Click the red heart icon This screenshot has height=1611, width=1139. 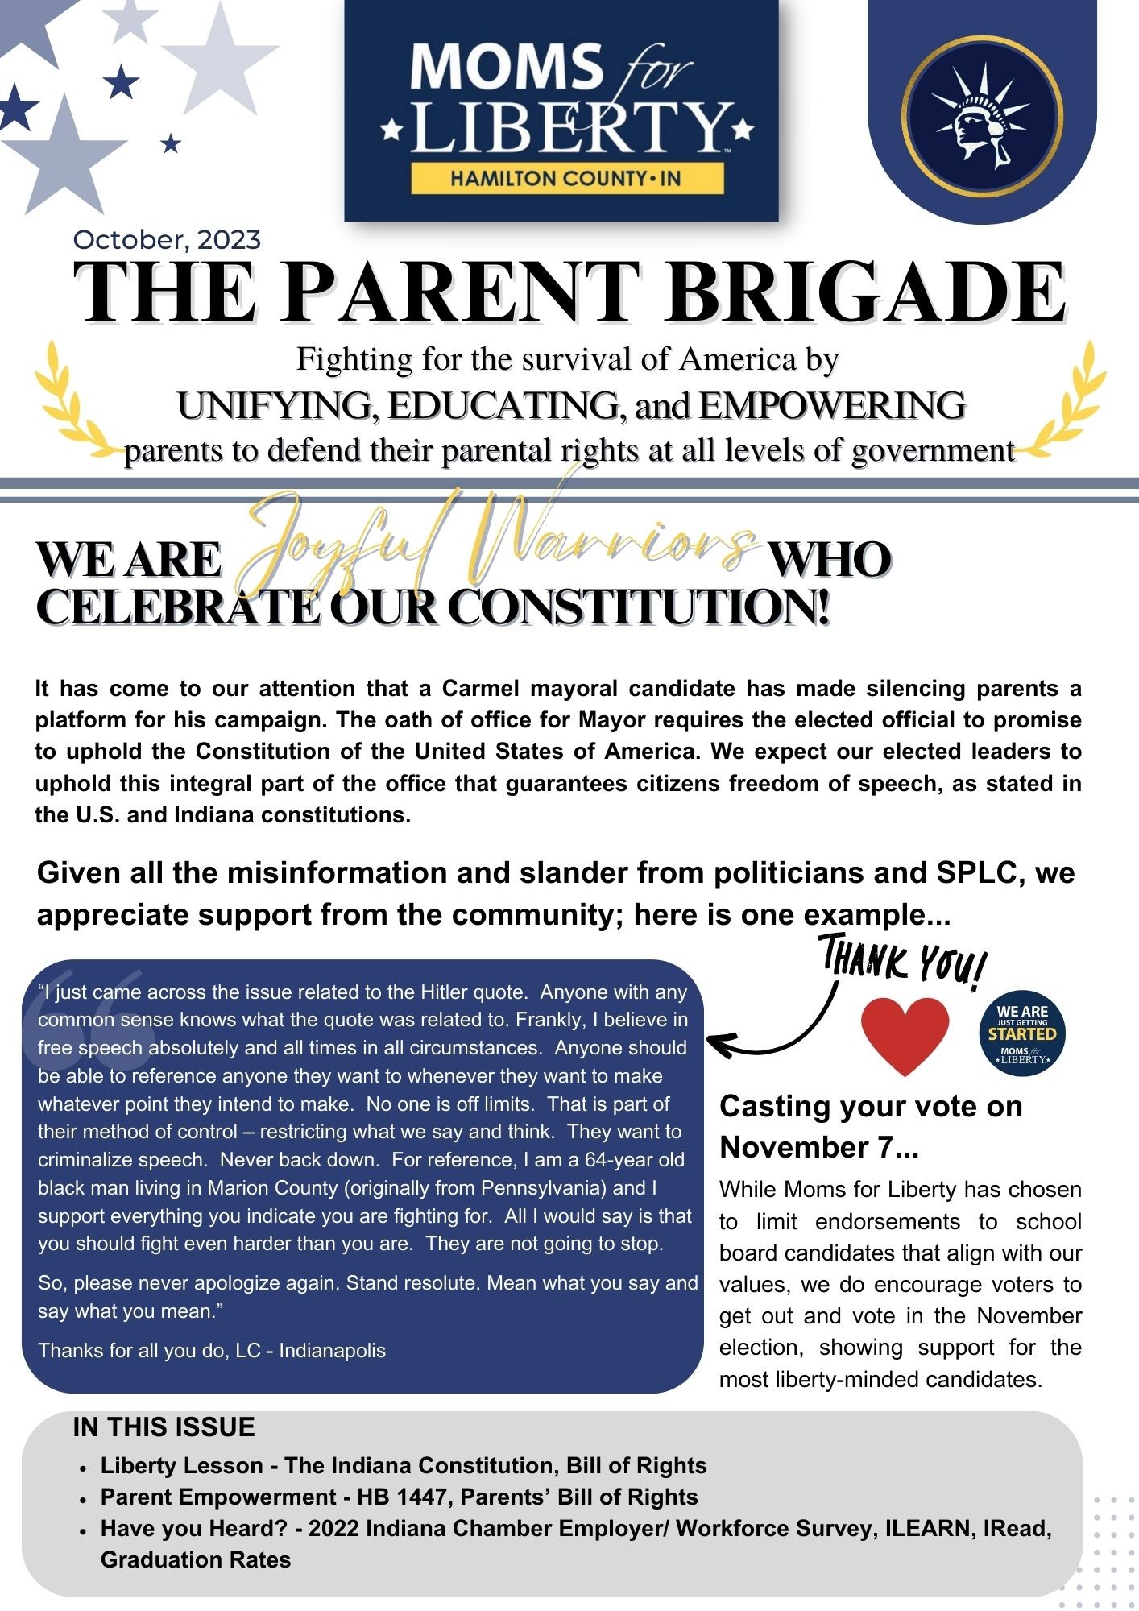(905, 1033)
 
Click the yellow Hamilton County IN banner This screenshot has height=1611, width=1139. (565, 178)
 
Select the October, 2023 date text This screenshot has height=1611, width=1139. (167, 240)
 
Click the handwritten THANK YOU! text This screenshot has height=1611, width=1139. (903, 961)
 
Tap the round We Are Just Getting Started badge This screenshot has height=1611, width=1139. (1022, 1033)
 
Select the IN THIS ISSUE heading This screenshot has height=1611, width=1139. (164, 1427)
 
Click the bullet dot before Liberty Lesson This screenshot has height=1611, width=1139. (84, 1468)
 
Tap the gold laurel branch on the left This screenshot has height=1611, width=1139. (68, 403)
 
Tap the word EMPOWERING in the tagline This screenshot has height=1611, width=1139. (831, 405)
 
